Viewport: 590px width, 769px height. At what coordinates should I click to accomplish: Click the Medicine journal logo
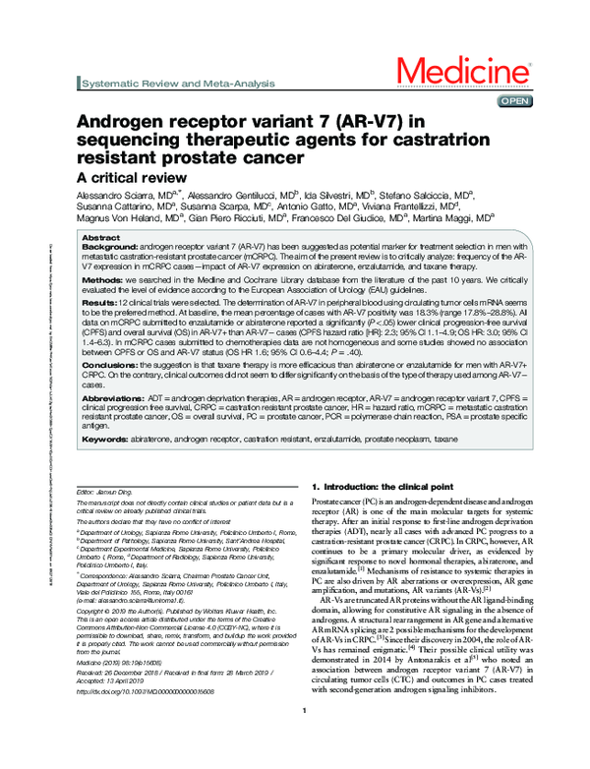462,73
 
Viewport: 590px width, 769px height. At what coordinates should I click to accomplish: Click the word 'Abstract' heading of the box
100,239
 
